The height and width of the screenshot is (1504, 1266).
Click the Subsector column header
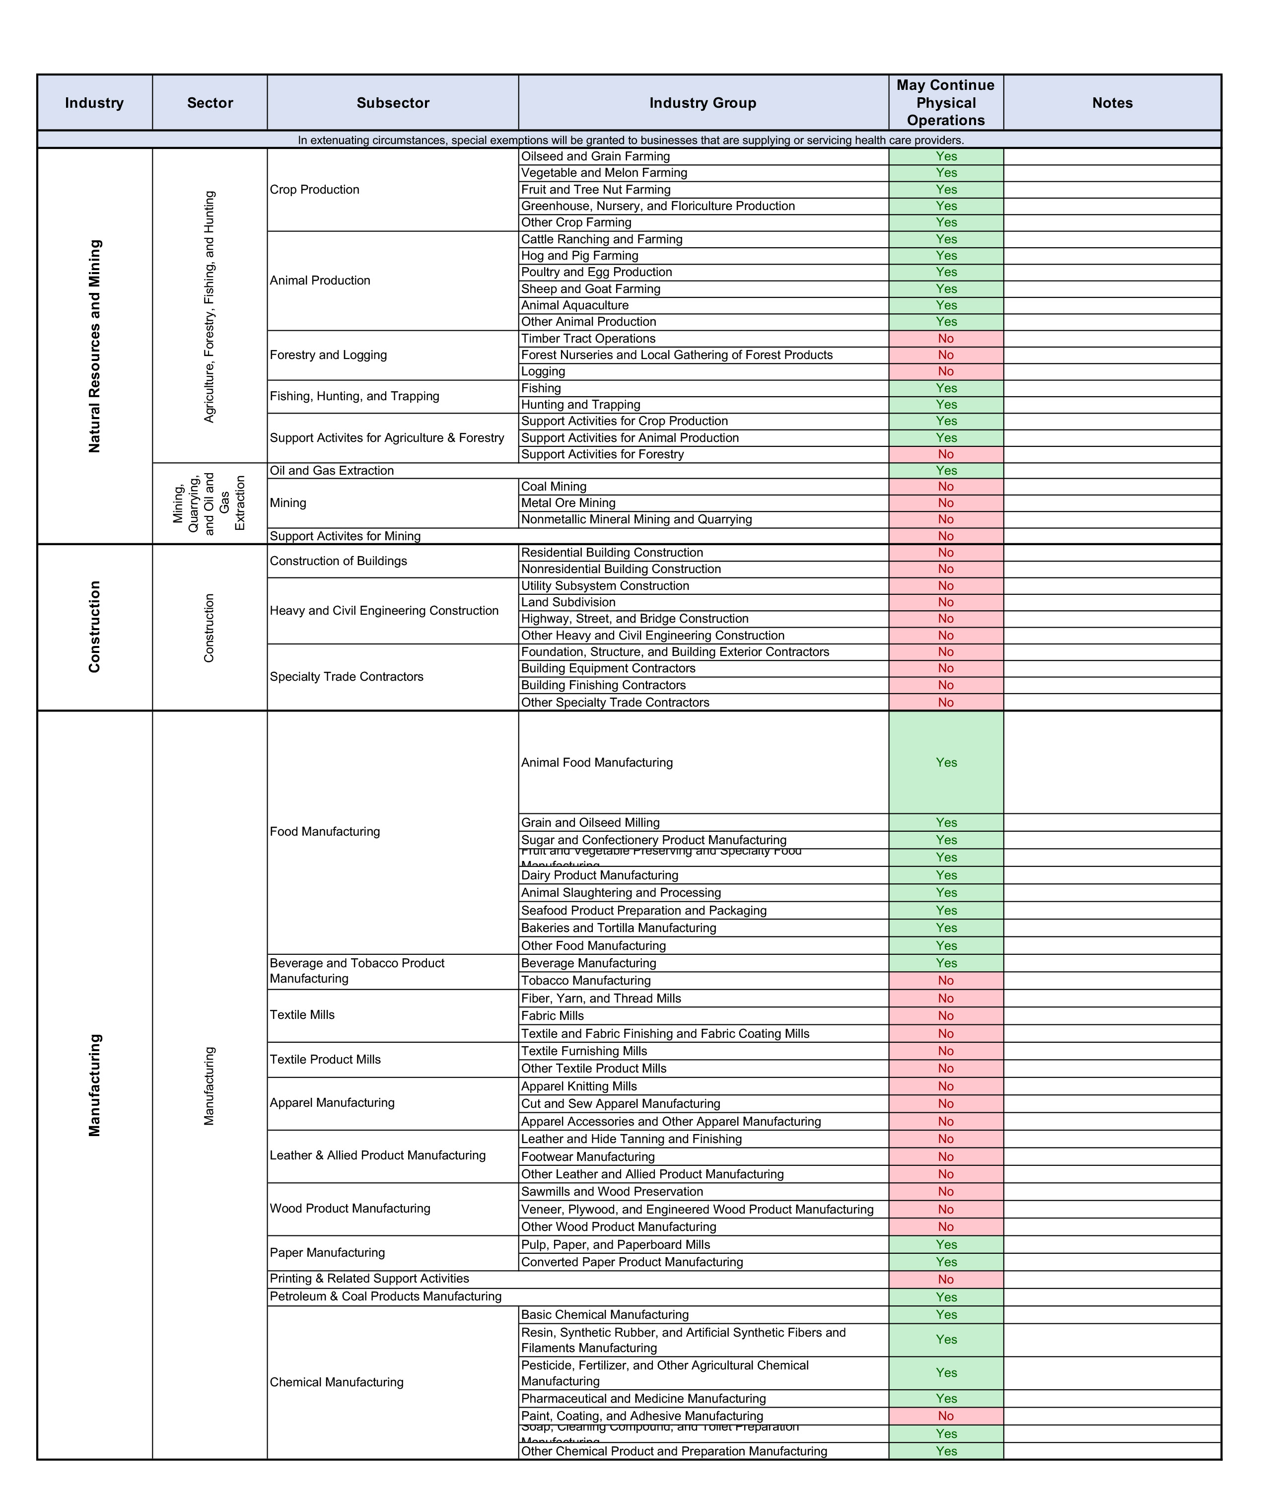point(393,103)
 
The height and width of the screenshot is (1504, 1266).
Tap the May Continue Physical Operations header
point(945,103)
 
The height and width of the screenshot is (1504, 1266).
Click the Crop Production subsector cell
point(314,190)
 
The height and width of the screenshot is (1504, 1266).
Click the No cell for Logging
point(945,371)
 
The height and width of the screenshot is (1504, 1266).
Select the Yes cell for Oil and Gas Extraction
point(945,470)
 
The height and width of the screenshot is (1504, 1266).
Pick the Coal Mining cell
point(554,487)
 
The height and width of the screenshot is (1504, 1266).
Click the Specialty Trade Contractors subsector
point(346,677)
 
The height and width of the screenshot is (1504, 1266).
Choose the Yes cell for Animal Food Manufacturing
point(945,762)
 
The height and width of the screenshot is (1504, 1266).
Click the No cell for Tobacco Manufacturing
point(945,981)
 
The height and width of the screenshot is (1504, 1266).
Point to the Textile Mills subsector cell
point(302,1015)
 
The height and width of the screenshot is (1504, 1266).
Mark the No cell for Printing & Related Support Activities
point(945,1279)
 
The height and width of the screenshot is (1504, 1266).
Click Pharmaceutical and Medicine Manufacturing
point(643,1398)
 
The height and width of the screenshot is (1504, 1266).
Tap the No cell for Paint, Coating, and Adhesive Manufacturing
point(945,1416)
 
